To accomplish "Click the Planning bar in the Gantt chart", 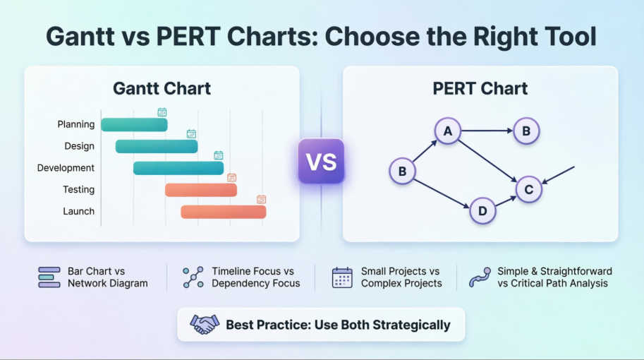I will coord(134,125).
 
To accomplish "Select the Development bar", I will coord(178,168).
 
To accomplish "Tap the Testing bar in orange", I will coord(201,190).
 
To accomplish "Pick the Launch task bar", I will coord(223,212).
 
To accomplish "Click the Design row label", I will coord(79,146).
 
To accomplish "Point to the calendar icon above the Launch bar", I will coord(261,199).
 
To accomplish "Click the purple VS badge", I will coord(321,161).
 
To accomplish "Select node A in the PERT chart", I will coord(447,131).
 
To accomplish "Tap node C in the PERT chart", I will coord(529,188).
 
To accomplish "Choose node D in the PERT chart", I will coord(482,210).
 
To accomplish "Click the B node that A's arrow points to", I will coord(526,131).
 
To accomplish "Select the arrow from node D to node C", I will coord(506,200).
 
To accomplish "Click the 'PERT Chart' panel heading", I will coord(480,89).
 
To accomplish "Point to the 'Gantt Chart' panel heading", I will coord(162,89).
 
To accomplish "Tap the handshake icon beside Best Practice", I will coord(205,324).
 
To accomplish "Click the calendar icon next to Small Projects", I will coord(342,277).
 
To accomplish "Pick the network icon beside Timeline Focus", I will coord(193,277).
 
